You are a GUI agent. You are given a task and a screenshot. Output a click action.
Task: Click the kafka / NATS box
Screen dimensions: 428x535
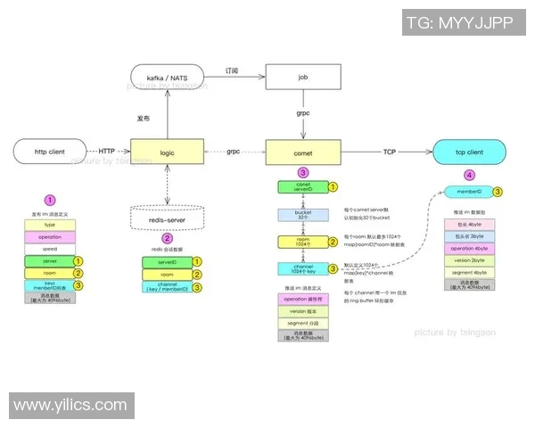(167, 78)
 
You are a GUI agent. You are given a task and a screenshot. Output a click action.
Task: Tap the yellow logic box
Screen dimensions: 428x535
(167, 152)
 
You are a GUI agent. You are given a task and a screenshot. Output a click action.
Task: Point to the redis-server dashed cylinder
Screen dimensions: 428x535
(167, 218)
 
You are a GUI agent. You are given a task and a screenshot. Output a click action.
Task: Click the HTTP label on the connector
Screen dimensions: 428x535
(106, 151)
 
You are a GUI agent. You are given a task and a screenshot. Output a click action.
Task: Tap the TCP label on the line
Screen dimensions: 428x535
(389, 151)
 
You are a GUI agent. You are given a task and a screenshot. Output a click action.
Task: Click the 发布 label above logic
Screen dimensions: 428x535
(142, 118)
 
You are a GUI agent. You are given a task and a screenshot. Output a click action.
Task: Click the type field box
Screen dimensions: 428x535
(51, 226)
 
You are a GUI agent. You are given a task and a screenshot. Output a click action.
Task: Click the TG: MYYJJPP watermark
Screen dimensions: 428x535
(459, 23)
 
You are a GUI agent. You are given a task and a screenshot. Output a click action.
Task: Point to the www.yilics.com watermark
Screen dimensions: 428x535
(71, 405)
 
